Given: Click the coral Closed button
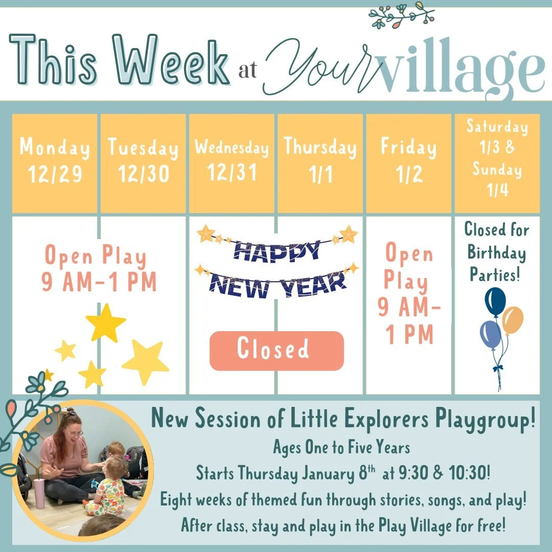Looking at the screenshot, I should tap(277, 351).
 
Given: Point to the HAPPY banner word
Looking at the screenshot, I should tap(277, 250).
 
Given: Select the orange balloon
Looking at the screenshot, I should tap(513, 319).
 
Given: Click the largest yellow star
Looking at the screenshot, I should tap(145, 361).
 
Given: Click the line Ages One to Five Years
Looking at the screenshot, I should tap(341, 448).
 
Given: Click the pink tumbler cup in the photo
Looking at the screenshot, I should tap(39, 493).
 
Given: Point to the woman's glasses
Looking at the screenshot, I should tap(75, 434).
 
